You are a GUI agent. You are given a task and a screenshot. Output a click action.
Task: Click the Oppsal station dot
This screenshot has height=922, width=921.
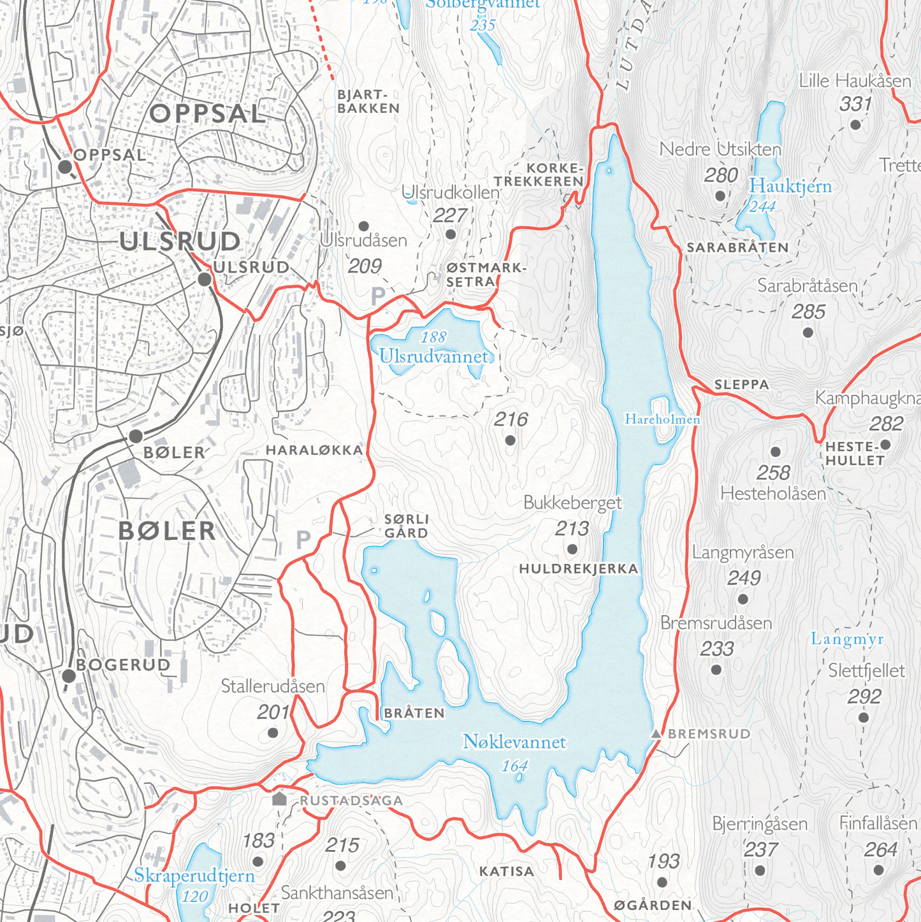coord(64,167)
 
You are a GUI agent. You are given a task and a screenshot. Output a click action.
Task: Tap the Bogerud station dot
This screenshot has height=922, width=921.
coord(69,676)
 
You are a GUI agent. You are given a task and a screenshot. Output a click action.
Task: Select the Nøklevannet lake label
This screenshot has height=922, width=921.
coord(514,742)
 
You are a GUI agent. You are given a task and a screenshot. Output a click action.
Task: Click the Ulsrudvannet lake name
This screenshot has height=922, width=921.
coord(434,356)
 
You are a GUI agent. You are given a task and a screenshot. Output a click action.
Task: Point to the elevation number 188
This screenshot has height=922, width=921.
coord(433,337)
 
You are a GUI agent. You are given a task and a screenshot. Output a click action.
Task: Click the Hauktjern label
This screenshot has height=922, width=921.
coord(790,187)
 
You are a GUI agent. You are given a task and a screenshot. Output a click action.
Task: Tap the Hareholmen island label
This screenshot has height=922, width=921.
coord(662,419)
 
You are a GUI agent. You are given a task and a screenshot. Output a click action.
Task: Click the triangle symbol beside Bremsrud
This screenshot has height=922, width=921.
coord(656,734)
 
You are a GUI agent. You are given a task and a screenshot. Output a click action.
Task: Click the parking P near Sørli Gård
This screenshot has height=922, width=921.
coord(303,540)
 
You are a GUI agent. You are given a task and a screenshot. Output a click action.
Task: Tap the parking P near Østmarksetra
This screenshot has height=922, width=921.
coord(378,296)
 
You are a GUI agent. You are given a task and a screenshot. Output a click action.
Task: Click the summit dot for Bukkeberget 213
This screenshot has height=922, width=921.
coord(572,549)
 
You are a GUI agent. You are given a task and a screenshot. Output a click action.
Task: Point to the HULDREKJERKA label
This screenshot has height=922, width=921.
coord(578,568)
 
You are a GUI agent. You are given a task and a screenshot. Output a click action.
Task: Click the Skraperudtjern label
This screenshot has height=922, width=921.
coord(194,876)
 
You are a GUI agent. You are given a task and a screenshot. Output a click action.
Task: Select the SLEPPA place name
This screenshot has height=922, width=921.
coord(741,385)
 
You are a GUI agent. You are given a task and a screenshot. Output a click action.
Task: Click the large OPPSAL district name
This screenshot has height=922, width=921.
coord(207,114)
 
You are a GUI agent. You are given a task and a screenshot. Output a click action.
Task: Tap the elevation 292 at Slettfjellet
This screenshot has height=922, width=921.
coord(864,696)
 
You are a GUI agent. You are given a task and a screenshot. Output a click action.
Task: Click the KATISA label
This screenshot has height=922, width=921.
coord(506,871)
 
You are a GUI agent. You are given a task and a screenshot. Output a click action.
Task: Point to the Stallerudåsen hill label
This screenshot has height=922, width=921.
coord(273,686)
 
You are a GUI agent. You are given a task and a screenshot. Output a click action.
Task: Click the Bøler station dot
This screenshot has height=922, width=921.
coord(136,436)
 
